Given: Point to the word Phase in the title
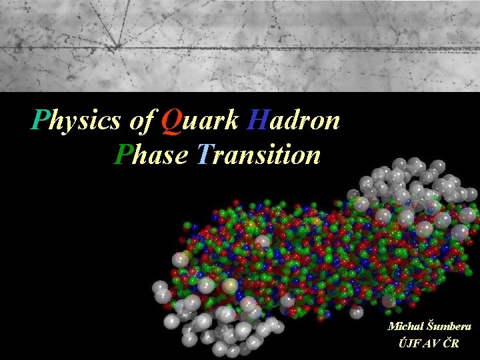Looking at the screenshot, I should (151, 155).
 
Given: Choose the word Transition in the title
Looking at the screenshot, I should (259, 155).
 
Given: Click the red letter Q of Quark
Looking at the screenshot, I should (171, 121).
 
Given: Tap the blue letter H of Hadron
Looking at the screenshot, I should (257, 121).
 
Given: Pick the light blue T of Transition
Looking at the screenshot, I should (204, 155).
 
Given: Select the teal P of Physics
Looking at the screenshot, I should (41, 121).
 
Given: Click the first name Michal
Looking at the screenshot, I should (405, 327).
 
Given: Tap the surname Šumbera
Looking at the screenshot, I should (448, 327).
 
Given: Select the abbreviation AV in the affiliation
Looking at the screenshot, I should (431, 343).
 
